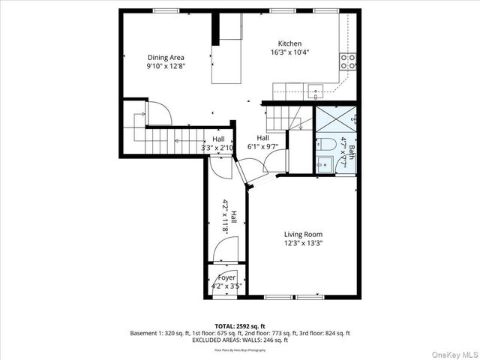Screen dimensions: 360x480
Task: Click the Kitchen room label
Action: [289, 43]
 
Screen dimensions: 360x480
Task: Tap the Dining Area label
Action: [166, 57]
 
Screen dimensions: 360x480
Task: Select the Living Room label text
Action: [303, 234]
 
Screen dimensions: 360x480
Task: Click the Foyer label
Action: [226, 277]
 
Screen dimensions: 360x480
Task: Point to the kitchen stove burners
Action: [348, 60]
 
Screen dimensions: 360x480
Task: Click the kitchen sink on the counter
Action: [316, 91]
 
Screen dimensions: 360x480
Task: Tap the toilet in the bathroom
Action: [325, 145]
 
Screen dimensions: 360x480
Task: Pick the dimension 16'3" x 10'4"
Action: [289, 52]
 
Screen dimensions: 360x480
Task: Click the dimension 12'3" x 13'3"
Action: [303, 243]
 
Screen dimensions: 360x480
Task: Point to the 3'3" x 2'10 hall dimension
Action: [217, 148]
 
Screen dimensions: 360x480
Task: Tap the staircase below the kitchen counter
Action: [283, 117]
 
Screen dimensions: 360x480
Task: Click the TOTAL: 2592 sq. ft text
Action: [239, 326]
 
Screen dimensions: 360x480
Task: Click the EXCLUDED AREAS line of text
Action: [239, 340]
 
